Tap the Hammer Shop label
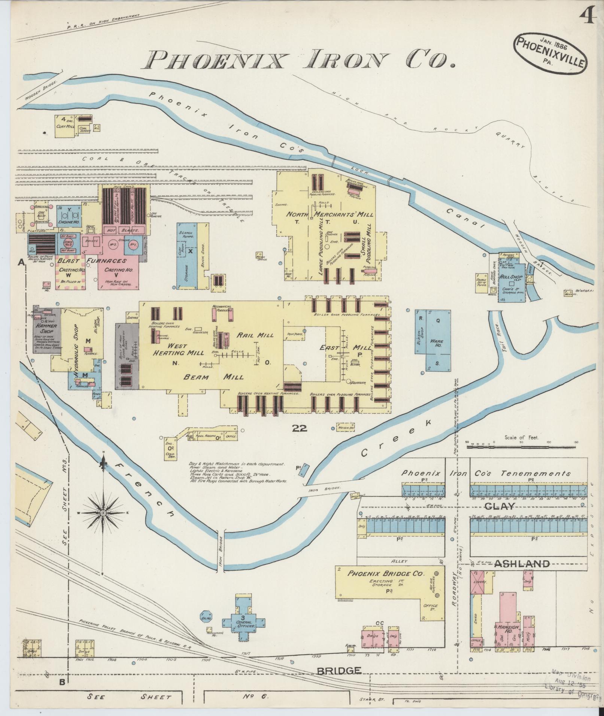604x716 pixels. pos(45,328)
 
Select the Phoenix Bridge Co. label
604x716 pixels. pos(385,584)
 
